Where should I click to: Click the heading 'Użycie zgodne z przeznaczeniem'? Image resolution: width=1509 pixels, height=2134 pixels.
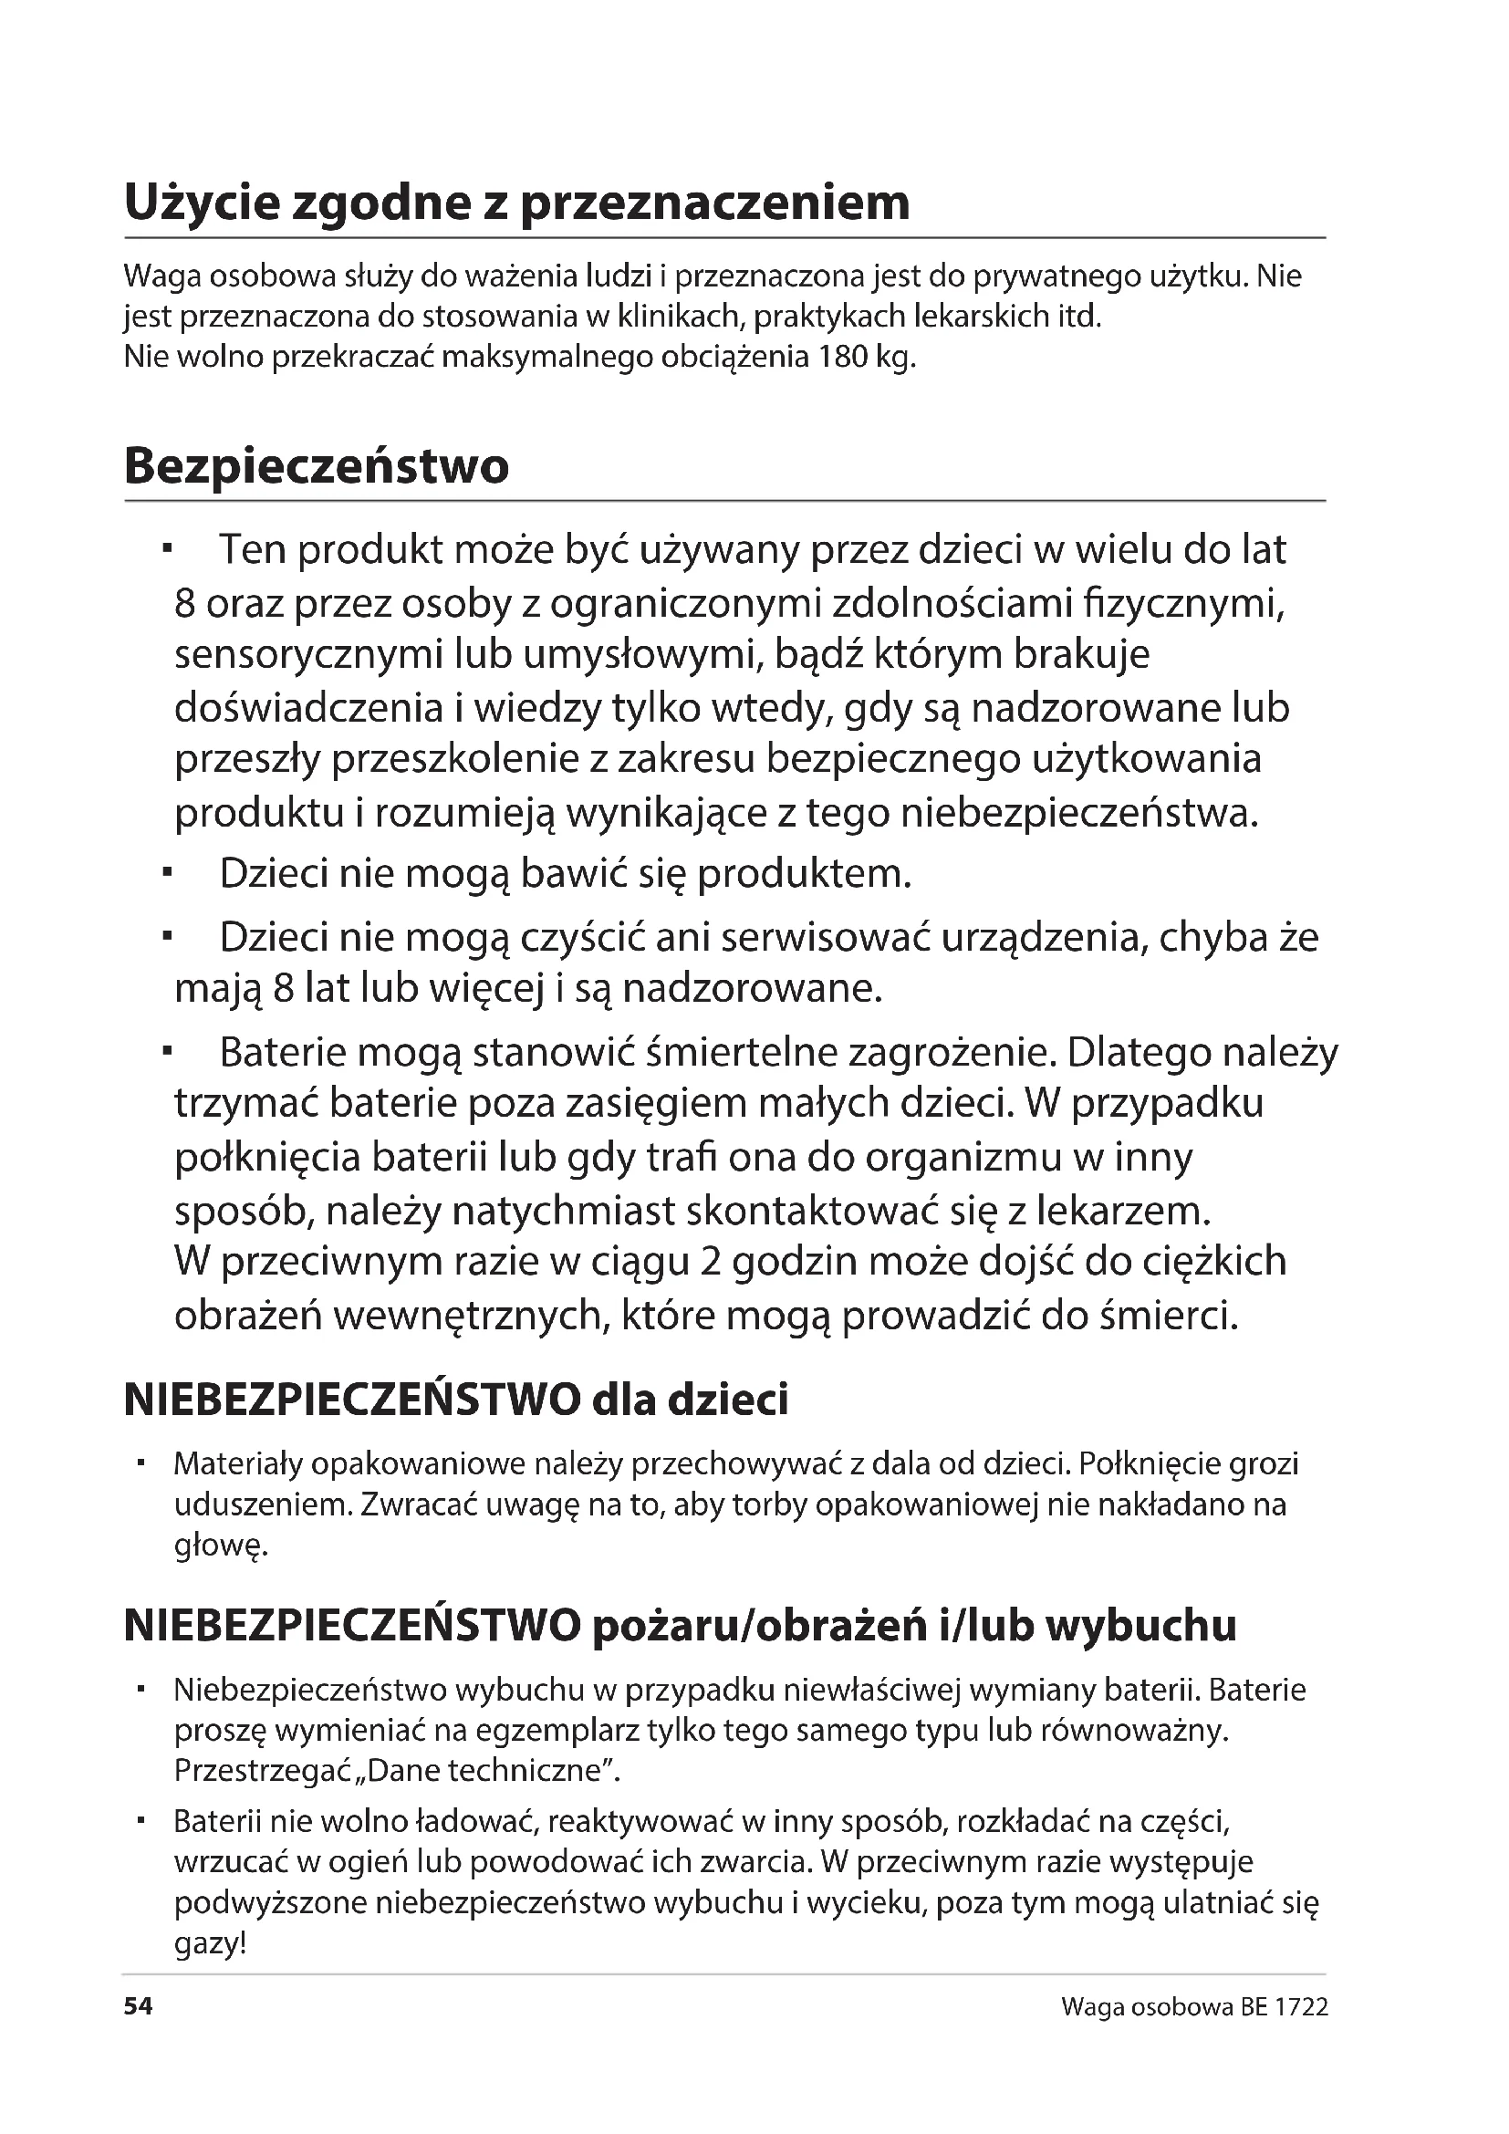[516, 203]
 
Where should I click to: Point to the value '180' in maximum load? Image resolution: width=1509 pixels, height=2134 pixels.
[842, 357]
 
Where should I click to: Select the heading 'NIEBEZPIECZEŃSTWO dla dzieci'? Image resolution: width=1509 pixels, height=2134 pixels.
[455, 1400]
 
